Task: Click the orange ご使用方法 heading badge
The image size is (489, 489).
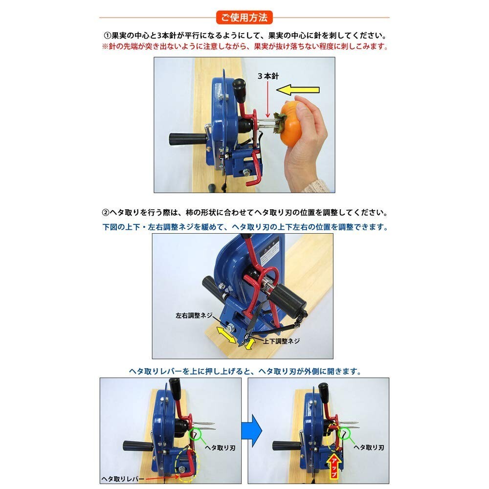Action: point(244,18)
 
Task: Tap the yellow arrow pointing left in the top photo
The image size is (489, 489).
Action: point(298,90)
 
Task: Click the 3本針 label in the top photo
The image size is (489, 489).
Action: point(268,76)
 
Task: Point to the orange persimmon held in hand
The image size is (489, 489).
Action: point(292,124)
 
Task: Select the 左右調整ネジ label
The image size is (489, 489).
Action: point(193,315)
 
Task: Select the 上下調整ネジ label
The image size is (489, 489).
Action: point(281,341)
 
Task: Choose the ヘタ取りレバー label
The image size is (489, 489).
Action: point(123,479)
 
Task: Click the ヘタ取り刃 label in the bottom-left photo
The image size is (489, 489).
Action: point(220,448)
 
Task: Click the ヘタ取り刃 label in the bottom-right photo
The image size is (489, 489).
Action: point(369,447)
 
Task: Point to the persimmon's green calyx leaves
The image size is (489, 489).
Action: point(280,123)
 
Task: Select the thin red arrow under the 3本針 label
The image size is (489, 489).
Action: point(267,100)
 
